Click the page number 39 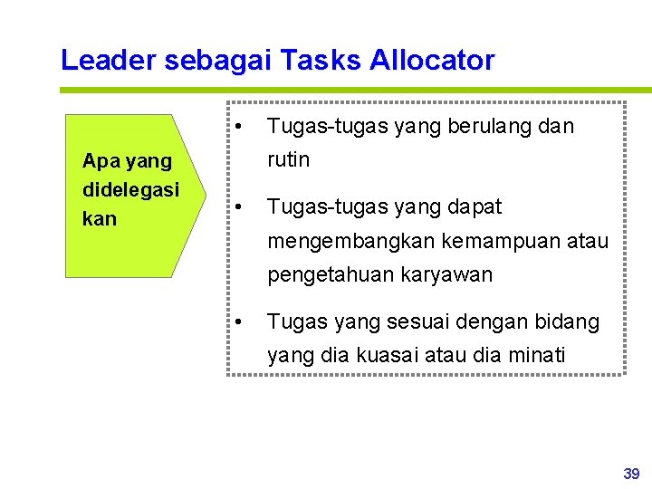[631, 474]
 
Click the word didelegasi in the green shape [130, 189]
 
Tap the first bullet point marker [237, 126]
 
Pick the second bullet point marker [237, 206]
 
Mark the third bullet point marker [237, 321]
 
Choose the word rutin [289, 159]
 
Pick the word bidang [567, 321]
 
